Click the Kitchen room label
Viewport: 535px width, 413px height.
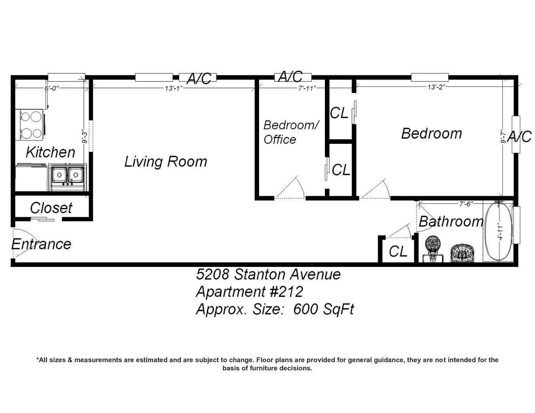[50, 152]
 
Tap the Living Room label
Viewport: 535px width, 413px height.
[165, 162]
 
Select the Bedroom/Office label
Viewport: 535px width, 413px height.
[291, 132]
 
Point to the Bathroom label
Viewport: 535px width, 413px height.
[451, 221]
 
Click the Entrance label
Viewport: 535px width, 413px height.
[41, 244]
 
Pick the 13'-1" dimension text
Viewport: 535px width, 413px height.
[174, 88]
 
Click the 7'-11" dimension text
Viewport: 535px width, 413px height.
[307, 88]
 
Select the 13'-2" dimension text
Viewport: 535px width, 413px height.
[436, 87]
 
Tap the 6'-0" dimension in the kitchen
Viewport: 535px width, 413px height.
[52, 88]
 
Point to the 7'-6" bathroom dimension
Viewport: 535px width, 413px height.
[466, 204]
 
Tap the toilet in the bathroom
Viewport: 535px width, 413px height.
[433, 249]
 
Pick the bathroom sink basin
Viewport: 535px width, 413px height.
[462, 253]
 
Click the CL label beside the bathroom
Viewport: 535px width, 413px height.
[398, 251]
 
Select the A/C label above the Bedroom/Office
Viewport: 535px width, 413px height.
[290, 76]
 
